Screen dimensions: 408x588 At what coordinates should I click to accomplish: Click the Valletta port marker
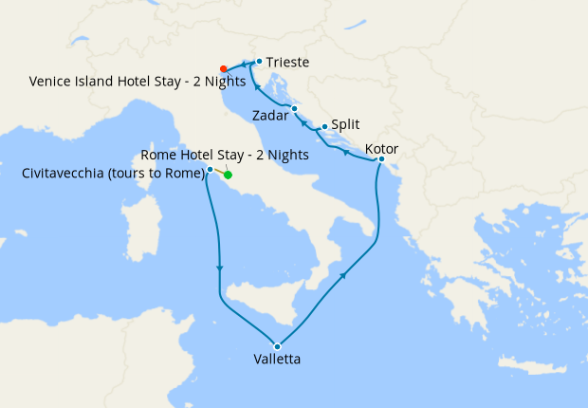click(x=277, y=345)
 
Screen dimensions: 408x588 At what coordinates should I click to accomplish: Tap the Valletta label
click(x=277, y=361)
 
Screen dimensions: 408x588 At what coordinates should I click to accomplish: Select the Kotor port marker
click(x=380, y=159)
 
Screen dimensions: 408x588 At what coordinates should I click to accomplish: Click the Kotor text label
click(x=381, y=150)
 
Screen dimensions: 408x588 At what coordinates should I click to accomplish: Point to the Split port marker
click(x=324, y=127)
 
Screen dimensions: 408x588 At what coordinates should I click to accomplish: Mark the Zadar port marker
click(x=295, y=109)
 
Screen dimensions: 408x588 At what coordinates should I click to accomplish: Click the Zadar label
click(x=271, y=117)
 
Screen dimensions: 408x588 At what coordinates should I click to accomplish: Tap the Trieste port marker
click(x=259, y=62)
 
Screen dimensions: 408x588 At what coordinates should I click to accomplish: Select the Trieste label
click(x=288, y=63)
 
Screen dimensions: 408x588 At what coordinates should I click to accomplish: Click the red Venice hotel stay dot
click(x=223, y=68)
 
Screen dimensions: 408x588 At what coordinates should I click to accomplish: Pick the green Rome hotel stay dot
click(x=228, y=175)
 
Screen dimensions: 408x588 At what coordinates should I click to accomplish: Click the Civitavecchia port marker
click(x=210, y=170)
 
